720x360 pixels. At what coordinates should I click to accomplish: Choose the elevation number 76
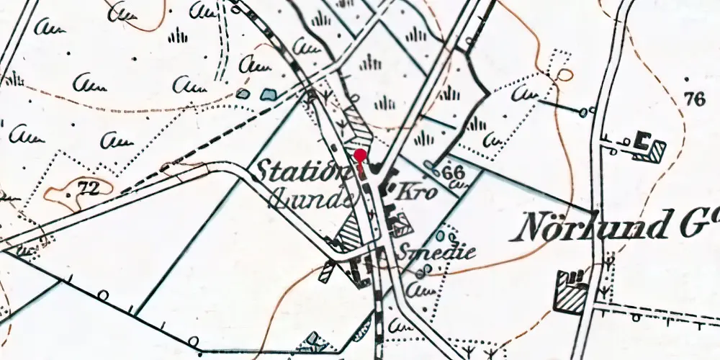coord(695,99)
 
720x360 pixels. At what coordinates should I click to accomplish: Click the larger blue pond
coord(268,94)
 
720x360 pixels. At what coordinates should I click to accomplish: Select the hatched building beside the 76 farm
coord(656,150)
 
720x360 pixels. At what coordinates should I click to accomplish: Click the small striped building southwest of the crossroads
coord(328,271)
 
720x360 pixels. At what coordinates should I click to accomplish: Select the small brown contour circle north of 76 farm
coord(564,75)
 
